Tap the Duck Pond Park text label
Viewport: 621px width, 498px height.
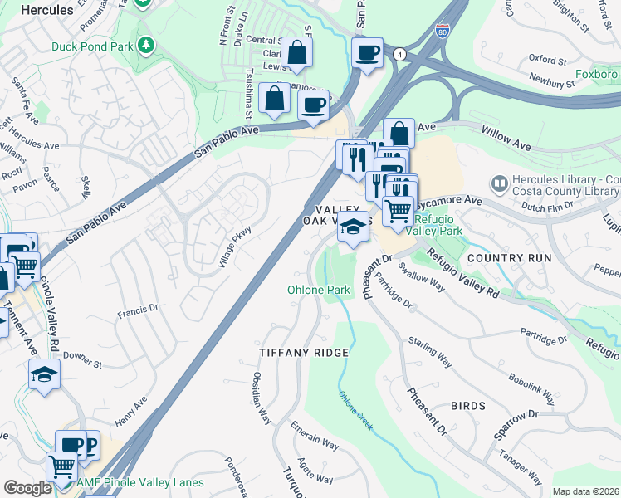(x=91, y=47)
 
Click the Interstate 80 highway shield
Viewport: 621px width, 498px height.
(x=440, y=31)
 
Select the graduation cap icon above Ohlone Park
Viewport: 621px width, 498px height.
(x=353, y=227)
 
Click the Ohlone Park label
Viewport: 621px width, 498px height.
(x=319, y=290)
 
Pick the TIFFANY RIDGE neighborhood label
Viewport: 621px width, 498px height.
(x=303, y=352)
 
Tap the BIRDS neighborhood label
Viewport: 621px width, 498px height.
(x=468, y=406)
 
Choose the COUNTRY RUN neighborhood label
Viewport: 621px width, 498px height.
(x=509, y=258)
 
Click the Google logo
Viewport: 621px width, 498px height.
(x=27, y=487)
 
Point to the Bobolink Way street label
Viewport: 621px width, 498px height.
(x=531, y=388)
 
